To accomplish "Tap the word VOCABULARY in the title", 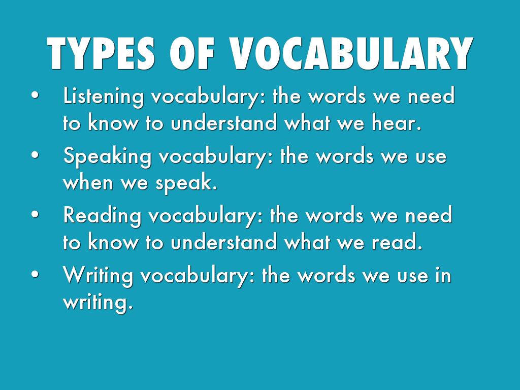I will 351,53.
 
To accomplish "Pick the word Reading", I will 102,216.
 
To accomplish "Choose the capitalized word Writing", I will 99,276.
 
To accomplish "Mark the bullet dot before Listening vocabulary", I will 35,95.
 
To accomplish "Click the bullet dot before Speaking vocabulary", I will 35,155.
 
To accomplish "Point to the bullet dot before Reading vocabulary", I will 35,215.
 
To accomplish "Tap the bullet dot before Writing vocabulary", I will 35,275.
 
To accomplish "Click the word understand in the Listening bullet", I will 224,123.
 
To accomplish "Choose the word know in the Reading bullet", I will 114,243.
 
